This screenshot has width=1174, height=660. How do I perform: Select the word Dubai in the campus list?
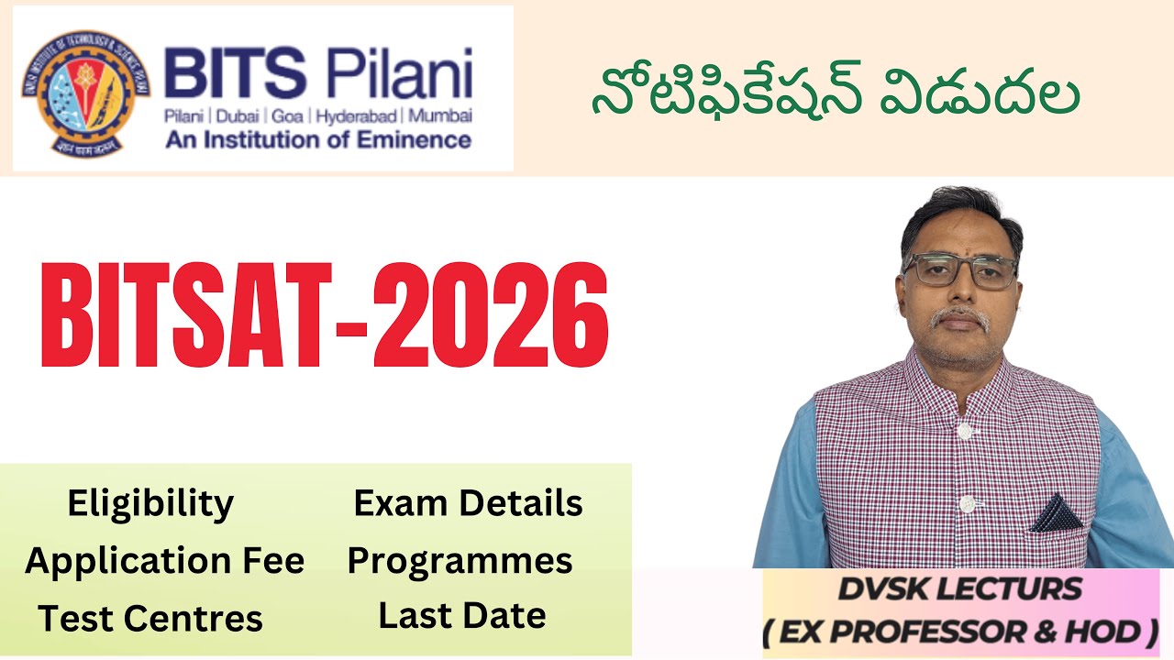(x=230, y=117)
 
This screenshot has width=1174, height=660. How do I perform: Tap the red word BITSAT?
(x=188, y=313)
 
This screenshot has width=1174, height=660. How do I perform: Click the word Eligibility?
(x=150, y=503)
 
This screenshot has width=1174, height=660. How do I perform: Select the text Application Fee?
(x=165, y=560)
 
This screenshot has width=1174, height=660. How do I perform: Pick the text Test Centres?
(x=150, y=619)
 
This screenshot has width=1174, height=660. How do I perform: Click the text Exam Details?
(x=468, y=502)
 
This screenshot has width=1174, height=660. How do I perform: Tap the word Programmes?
(x=460, y=560)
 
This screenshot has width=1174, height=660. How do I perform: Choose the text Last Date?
(x=462, y=616)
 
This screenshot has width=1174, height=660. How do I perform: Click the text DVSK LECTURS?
(x=958, y=589)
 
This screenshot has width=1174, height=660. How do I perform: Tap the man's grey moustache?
(x=959, y=318)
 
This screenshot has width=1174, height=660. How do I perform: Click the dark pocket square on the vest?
(x=1058, y=514)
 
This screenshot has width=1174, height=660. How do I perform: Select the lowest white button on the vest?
(x=965, y=503)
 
